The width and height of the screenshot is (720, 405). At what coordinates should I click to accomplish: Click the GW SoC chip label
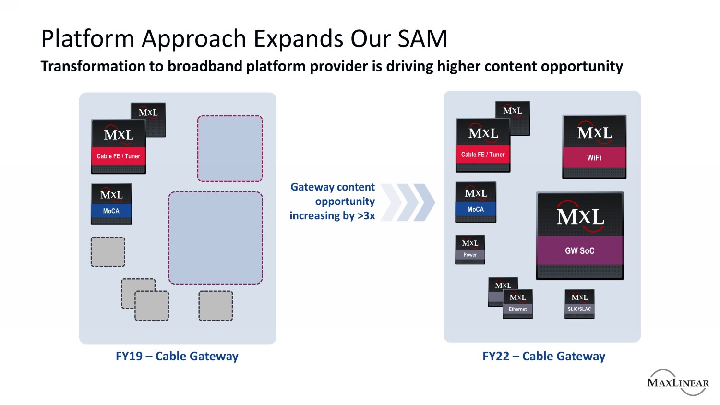(579, 250)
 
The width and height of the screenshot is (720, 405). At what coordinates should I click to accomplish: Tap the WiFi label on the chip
(594, 157)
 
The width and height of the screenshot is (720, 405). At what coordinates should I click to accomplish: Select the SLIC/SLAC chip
(579, 304)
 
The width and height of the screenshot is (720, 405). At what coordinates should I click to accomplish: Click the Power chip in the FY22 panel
(470, 250)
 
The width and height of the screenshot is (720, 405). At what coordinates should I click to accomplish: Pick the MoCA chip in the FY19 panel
(111, 204)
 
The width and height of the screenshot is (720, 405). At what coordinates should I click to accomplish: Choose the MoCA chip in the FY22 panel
(475, 202)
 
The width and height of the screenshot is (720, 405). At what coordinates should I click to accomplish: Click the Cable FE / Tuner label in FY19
(118, 156)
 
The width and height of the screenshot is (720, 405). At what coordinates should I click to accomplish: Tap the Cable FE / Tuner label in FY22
(483, 155)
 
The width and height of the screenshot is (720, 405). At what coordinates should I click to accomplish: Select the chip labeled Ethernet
(517, 304)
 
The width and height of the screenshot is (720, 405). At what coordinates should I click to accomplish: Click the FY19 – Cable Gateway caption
(177, 356)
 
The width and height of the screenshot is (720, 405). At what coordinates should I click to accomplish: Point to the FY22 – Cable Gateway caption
(543, 356)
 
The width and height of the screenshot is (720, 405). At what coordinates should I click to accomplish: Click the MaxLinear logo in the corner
(677, 382)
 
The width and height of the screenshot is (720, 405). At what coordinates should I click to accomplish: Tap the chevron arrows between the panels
(408, 202)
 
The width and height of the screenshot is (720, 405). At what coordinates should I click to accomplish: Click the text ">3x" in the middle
(366, 216)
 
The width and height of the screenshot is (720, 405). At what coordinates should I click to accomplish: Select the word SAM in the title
(422, 38)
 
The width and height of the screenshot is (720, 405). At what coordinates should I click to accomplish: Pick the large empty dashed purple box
(216, 238)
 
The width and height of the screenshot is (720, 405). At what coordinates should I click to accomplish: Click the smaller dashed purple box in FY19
(230, 148)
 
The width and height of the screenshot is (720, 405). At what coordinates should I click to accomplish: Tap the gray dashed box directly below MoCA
(108, 252)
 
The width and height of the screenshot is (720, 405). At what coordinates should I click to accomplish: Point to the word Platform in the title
(87, 38)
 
